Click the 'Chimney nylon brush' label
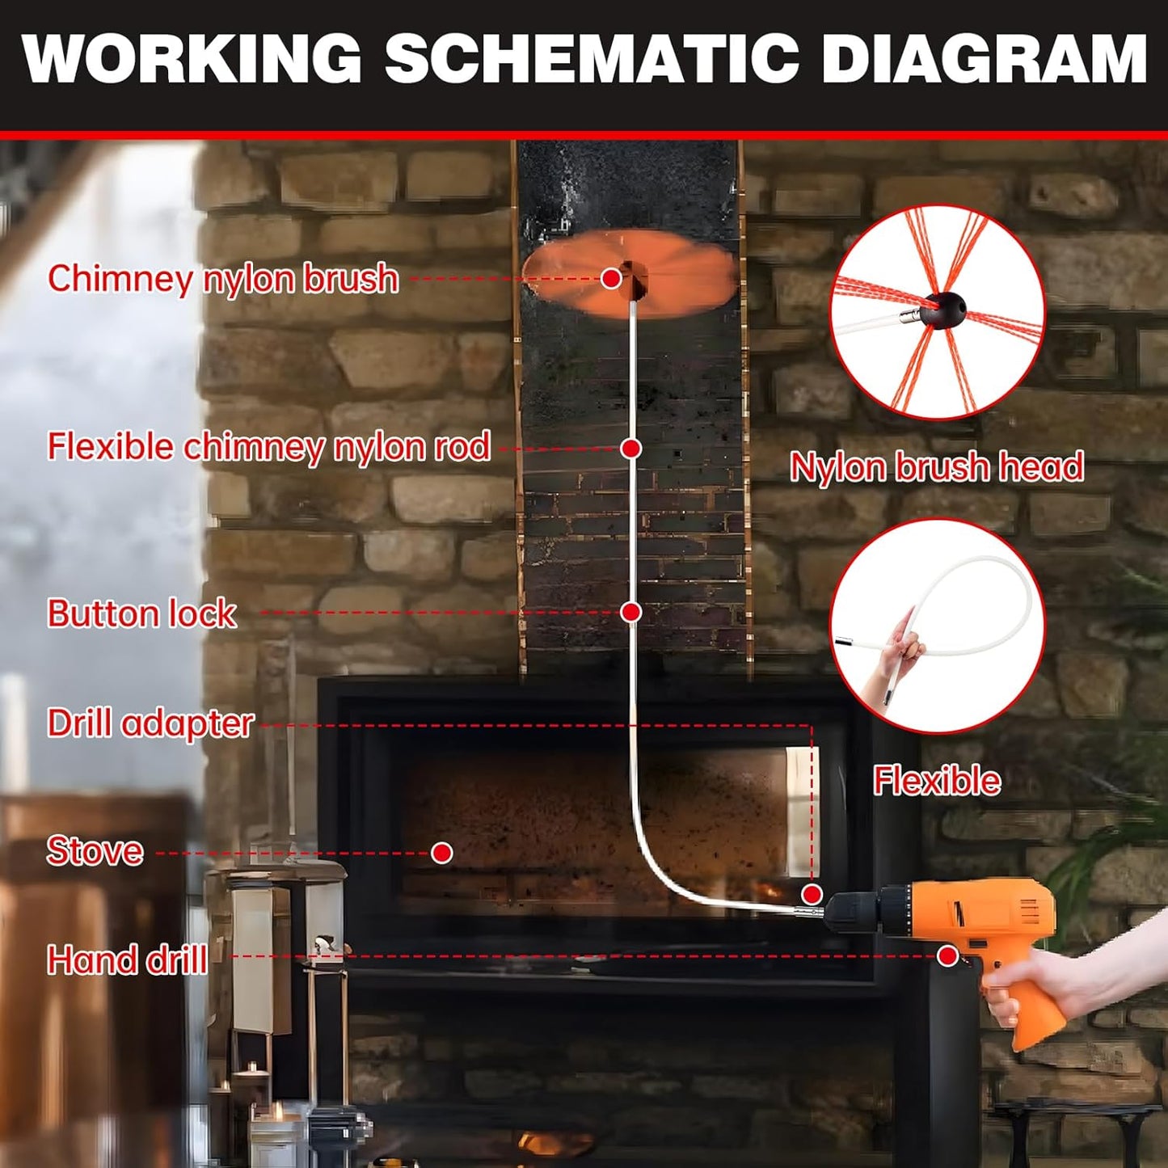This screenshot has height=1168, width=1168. coord(223,279)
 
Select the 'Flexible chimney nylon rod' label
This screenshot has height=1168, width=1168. coord(269,447)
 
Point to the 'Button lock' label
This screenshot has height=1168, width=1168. coord(142,614)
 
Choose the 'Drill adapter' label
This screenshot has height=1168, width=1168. coord(150,723)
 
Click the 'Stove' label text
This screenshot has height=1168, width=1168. coord(95,851)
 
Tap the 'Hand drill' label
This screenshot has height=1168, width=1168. coord(128,960)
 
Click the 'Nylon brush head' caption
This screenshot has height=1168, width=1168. coord(937,467)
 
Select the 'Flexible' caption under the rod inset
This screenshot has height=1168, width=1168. coord(937,782)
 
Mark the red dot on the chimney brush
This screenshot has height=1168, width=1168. coord(612,279)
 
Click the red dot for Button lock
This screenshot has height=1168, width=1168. coord(631,613)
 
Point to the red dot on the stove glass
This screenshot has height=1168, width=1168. coord(442,853)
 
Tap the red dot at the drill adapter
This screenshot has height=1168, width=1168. coord(812,894)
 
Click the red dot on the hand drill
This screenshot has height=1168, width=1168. coord(948,956)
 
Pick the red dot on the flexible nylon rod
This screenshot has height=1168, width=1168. coord(631,448)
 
